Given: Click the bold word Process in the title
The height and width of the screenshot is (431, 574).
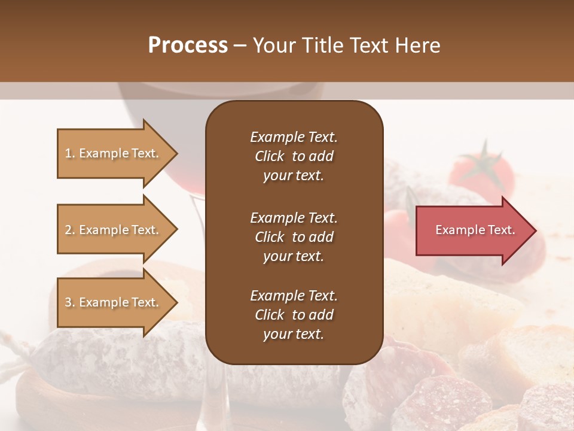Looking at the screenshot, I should (188, 45).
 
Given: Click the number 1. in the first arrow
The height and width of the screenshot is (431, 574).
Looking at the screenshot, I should (70, 153).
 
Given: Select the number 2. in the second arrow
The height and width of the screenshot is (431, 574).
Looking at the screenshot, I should (70, 230).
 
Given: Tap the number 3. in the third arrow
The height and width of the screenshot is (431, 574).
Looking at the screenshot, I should (70, 302).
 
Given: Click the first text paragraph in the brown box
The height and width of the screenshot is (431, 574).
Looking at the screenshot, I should (294, 156).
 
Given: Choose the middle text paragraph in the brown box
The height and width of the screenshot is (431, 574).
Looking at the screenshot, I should (294, 237).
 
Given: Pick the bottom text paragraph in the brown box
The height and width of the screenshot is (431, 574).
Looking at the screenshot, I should (294, 315).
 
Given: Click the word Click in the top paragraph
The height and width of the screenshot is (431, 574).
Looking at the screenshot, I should (269, 156).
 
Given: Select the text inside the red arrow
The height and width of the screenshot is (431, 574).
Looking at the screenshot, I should (475, 230).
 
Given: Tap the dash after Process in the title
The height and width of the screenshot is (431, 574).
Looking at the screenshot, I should (240, 46).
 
